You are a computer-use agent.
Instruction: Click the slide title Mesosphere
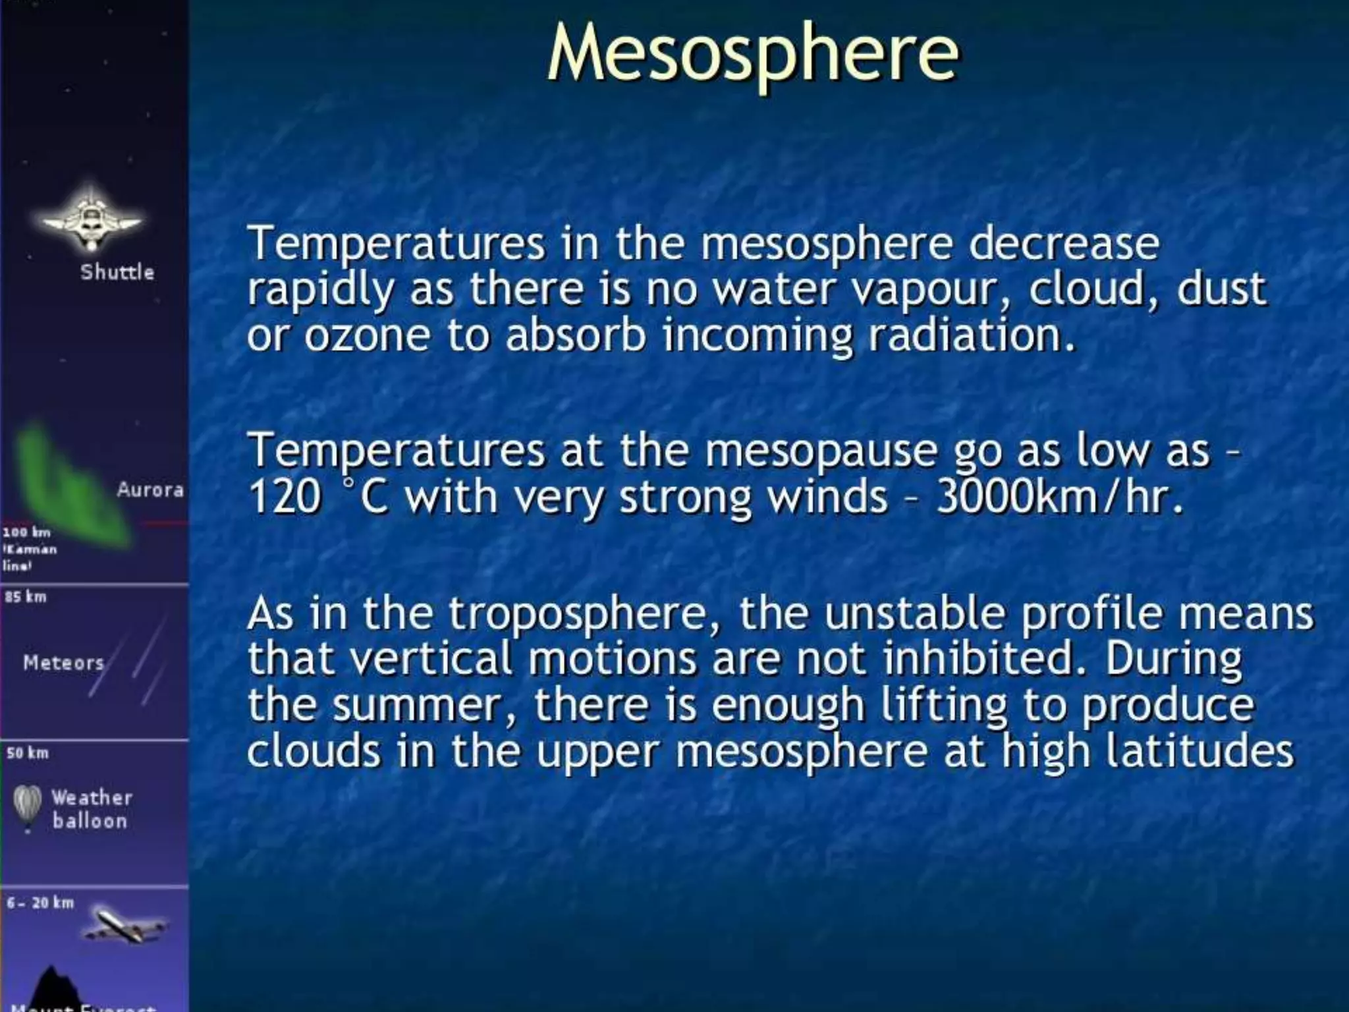[x=752, y=53]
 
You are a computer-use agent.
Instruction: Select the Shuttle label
[x=117, y=272]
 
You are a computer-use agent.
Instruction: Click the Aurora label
[x=150, y=490]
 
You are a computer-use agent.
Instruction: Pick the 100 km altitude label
[x=26, y=532]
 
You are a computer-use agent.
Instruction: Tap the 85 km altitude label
[x=26, y=597]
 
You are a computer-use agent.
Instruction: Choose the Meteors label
[x=64, y=663]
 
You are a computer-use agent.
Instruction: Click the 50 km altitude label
[x=28, y=753]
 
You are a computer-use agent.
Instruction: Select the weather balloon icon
[x=28, y=808]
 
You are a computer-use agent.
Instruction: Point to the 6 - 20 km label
[x=40, y=903]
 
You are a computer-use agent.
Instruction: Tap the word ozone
[x=367, y=336]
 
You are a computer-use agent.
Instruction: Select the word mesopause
[x=821, y=452]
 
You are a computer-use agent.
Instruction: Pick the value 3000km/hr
[x=1059, y=497]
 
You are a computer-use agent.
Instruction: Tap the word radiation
[x=972, y=336]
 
